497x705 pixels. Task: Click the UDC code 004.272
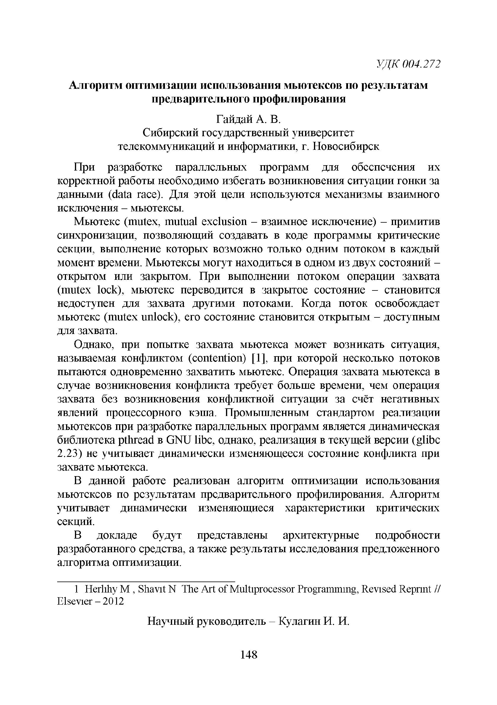pos(421,64)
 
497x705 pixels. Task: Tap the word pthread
pos(135,440)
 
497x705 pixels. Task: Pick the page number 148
pos(248,655)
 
